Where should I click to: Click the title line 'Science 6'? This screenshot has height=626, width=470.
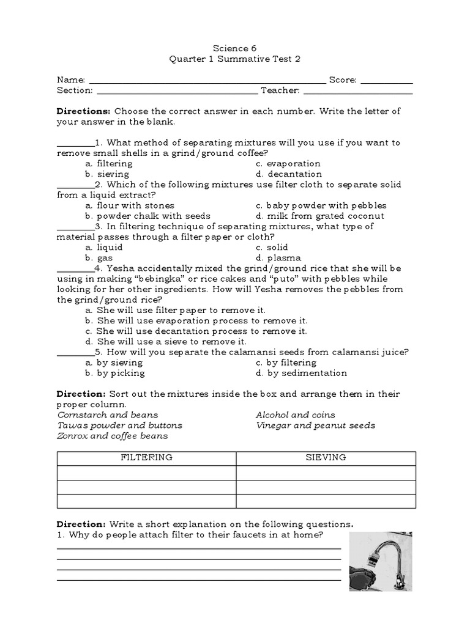click(x=235, y=48)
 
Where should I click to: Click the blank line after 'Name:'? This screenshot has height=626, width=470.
click(x=208, y=81)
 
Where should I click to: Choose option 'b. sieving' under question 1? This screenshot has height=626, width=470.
click(x=108, y=174)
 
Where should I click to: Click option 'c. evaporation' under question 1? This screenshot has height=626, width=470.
click(x=288, y=164)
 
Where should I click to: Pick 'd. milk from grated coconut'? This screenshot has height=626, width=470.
click(x=321, y=216)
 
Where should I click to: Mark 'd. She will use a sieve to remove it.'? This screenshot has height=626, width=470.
click(x=166, y=342)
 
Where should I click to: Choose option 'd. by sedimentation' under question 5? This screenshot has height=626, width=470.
click(x=302, y=373)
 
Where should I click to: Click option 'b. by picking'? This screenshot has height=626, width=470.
click(x=115, y=373)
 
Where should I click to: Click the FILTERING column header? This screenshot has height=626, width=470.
click(x=146, y=458)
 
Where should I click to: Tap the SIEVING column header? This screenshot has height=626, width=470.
click(x=326, y=458)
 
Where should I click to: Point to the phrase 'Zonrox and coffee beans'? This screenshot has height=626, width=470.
click(x=112, y=436)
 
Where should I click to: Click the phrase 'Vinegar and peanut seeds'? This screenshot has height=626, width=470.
click(x=315, y=425)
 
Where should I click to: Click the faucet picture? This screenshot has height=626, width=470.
click(x=380, y=561)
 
